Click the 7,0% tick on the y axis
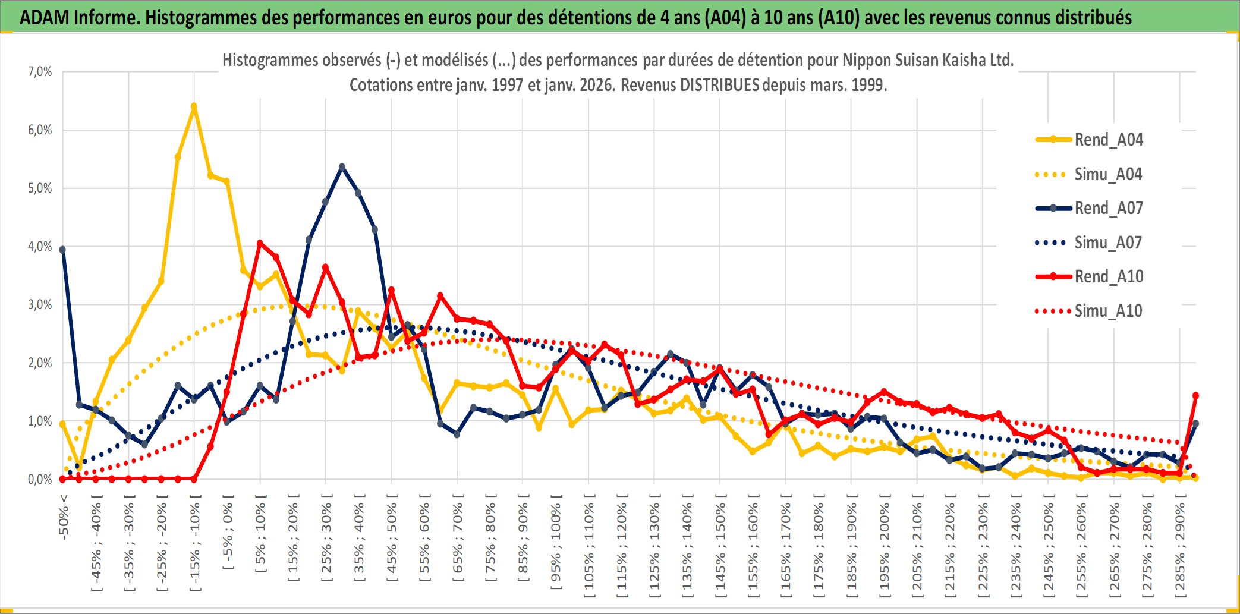(x=40, y=72)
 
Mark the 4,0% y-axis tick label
(x=40, y=246)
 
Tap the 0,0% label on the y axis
(x=40, y=479)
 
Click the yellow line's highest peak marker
(x=194, y=106)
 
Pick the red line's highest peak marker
(x=260, y=243)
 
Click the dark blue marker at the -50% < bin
(x=62, y=250)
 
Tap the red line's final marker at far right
(x=1195, y=395)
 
